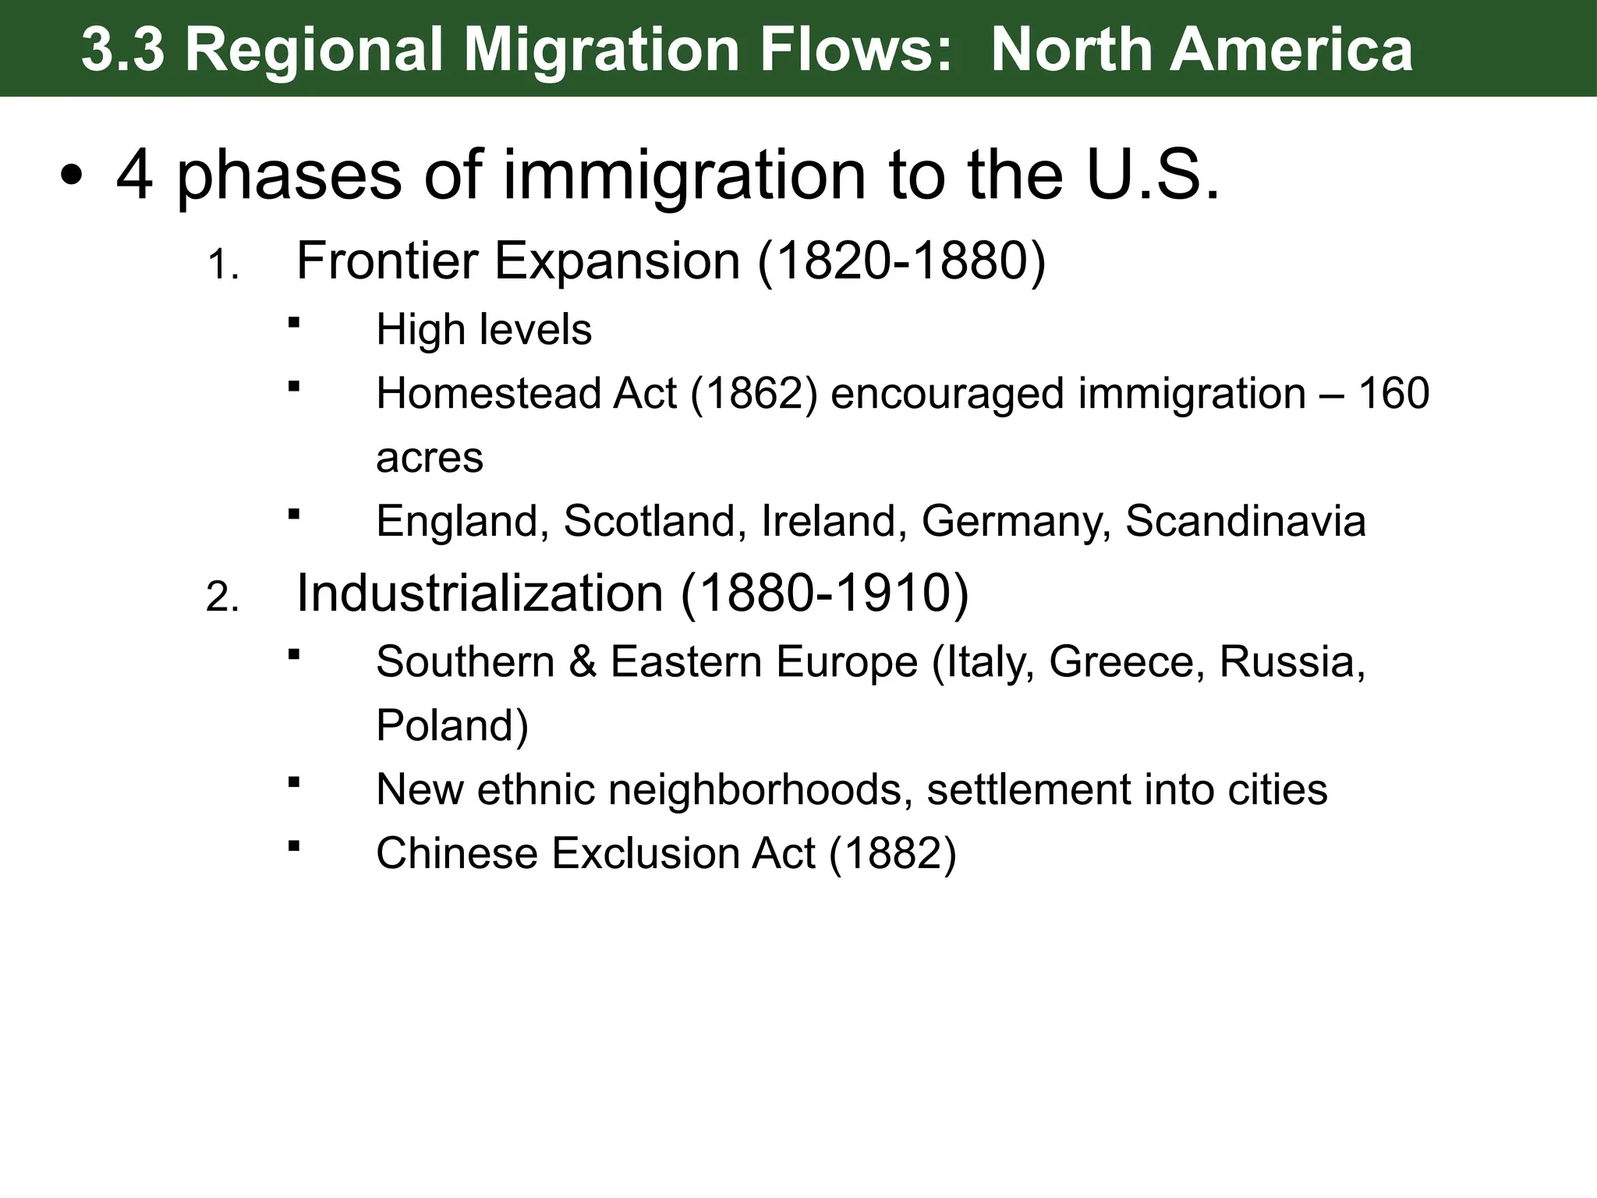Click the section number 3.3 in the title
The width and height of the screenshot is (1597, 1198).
122,49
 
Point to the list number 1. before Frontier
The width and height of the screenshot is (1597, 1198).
222,268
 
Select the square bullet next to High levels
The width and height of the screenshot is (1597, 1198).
294,322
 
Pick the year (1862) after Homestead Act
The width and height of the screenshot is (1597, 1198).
753,393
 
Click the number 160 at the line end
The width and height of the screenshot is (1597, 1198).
1393,393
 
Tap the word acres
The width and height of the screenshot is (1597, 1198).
429,458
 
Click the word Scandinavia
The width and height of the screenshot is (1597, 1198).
1245,521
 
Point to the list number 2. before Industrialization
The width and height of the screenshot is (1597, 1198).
222,599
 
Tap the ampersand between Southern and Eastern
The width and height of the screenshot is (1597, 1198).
582,662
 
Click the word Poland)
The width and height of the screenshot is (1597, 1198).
452,725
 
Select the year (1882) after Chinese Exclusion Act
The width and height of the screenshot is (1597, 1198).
892,853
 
